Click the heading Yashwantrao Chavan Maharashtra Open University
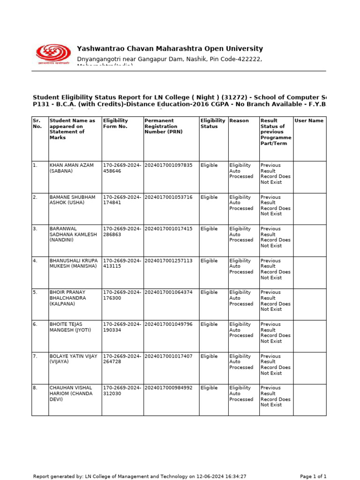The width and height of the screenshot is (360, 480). coord(170,49)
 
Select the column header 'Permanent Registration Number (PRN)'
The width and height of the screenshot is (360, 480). coord(161,126)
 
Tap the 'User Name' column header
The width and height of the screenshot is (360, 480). coord(308,120)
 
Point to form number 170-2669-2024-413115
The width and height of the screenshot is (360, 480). coord(122,263)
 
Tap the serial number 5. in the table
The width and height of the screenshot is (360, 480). coord(35,292)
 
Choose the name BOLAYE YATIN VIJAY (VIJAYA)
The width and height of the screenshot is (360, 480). coord(74,359)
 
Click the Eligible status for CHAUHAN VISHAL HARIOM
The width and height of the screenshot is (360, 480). coord(209,388)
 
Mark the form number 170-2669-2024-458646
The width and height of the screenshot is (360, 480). coord(122,168)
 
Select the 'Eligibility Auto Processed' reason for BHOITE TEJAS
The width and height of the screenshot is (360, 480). coord(241,330)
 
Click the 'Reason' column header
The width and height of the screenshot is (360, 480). coord(239,120)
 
